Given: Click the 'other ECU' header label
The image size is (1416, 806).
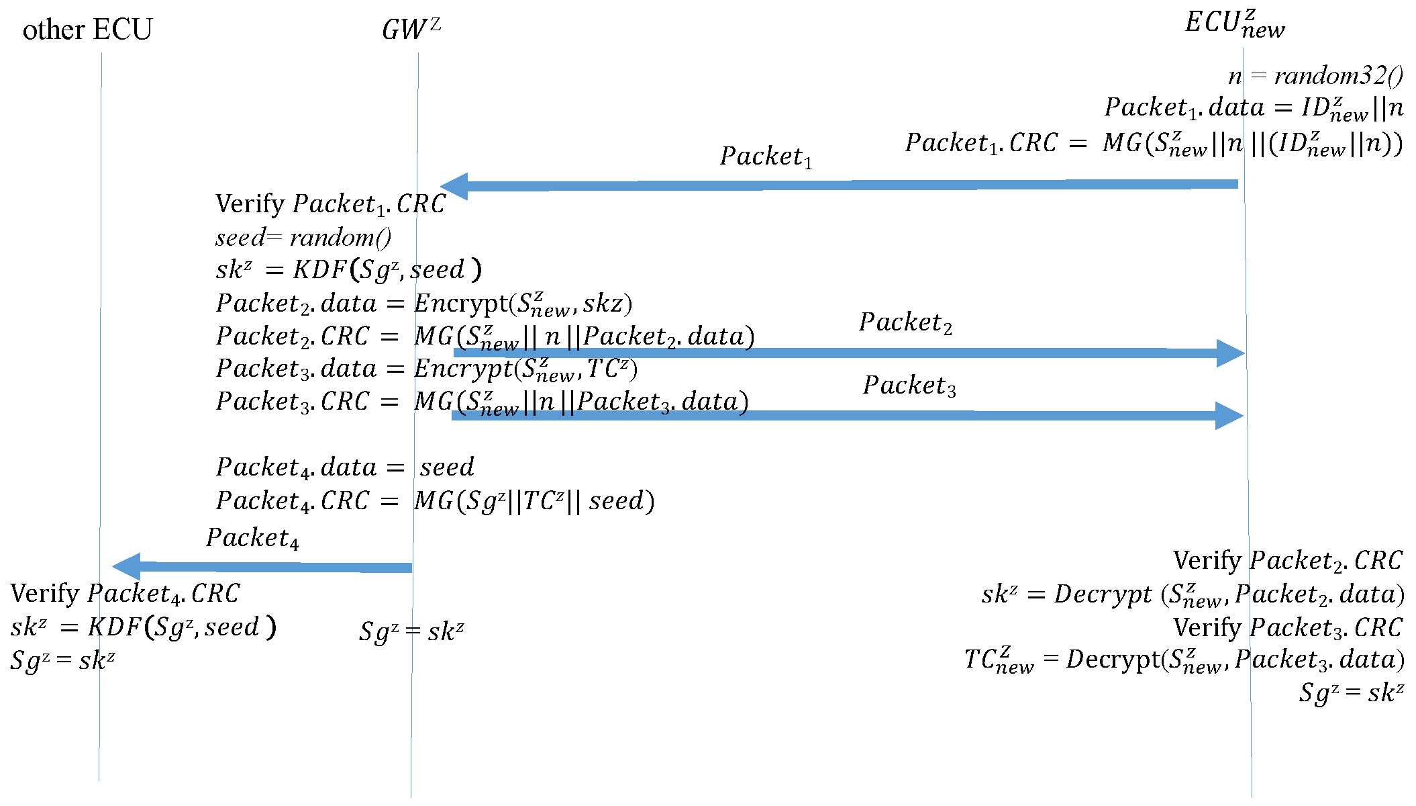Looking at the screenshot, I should (x=87, y=30).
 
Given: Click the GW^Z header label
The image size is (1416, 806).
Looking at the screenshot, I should (x=411, y=29).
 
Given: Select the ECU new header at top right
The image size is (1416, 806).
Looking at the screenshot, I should (x=1234, y=24).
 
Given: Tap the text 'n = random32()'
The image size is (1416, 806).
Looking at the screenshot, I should (x=1315, y=75).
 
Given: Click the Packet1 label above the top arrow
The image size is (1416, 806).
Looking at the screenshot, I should (x=766, y=156).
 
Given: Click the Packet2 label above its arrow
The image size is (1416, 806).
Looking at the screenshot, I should (x=905, y=322).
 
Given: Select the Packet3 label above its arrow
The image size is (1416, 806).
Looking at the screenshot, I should (x=909, y=386).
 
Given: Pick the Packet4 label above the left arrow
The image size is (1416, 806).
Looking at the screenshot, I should (x=252, y=538).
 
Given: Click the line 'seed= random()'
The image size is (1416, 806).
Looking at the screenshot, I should (x=303, y=238).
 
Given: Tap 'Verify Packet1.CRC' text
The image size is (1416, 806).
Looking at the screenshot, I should (x=330, y=204).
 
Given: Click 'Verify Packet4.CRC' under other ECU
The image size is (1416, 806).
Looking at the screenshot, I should (x=125, y=594).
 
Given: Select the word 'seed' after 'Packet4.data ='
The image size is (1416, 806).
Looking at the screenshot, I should (x=447, y=467).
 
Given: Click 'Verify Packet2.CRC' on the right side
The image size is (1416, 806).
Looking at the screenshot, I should (x=1287, y=561).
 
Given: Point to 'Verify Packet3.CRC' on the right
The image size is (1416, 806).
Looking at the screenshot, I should (x=1287, y=627).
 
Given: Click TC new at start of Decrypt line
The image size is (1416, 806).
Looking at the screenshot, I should (x=999, y=660).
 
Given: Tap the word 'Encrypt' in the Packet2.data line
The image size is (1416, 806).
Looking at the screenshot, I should (x=461, y=304).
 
